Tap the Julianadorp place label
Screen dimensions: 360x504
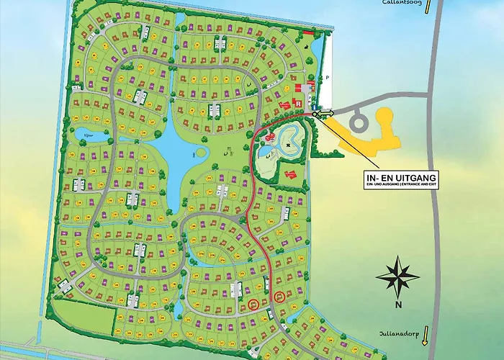[x=397, y=334]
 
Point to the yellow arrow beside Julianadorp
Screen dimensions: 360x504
[x=426, y=335]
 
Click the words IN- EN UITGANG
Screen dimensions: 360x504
[x=403, y=177]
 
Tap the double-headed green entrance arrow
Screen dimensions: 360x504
[x=324, y=112]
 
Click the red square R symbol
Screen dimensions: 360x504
[x=298, y=103]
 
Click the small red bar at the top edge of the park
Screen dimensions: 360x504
[x=308, y=32]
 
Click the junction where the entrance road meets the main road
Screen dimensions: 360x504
[x=430, y=96]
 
